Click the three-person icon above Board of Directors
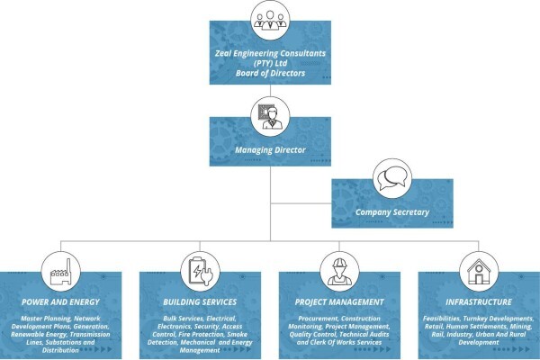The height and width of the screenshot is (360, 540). [270, 20]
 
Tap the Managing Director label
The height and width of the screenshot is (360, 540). [270, 150]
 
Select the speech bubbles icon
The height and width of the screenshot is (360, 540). [392, 178]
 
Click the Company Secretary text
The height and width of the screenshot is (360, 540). [392, 212]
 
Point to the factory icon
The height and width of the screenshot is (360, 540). [61, 272]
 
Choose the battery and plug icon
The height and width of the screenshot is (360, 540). [201, 271]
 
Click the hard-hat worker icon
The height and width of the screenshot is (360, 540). [339, 272]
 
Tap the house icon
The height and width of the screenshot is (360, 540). [479, 272]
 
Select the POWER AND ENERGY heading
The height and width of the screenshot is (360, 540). [60, 302]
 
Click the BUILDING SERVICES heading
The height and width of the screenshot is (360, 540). [200, 302]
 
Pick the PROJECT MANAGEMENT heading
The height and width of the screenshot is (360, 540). [339, 302]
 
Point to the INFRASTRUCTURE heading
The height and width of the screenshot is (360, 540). [479, 302]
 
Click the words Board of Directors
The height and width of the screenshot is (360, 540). [270, 73]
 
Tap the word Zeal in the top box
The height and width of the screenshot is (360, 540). [223, 53]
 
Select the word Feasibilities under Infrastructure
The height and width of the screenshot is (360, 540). [442, 319]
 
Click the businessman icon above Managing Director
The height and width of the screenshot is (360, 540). [271, 117]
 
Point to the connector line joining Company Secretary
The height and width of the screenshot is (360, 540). [301, 203]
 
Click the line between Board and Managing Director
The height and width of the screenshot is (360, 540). [270, 91]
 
